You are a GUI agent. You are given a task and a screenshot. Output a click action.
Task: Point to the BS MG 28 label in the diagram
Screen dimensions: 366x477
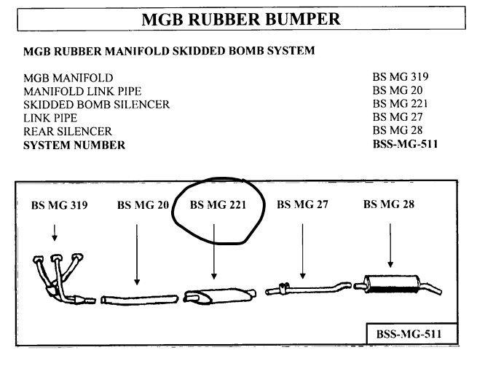coord(390,205)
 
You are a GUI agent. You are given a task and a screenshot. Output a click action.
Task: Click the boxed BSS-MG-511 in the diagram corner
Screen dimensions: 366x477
coord(412,335)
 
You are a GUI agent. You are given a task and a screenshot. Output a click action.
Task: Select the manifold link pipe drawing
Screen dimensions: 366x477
coord(138,298)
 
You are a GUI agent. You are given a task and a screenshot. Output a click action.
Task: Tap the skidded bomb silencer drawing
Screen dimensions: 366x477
coord(218,296)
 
